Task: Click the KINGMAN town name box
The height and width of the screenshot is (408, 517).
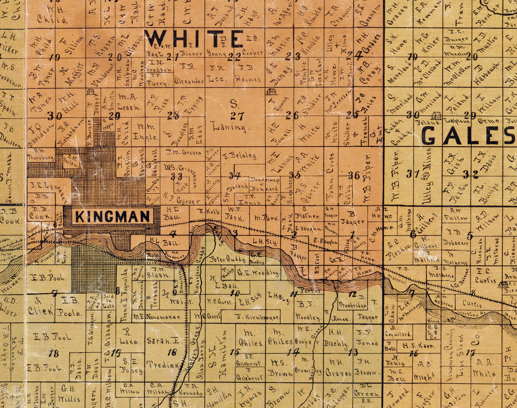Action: pos(113,216)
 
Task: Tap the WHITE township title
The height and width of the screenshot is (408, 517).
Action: pos(194,39)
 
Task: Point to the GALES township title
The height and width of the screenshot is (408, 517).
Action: pos(468,136)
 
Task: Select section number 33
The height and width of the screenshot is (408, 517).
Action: pos(177,176)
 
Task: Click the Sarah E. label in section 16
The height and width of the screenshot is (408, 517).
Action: pos(158,341)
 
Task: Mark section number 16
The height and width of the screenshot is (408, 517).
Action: pos(172,352)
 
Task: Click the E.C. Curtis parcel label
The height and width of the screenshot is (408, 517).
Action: pos(483,275)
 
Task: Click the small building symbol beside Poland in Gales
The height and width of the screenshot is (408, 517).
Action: pos(436,115)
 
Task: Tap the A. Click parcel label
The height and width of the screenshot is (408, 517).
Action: pos(40,307)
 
